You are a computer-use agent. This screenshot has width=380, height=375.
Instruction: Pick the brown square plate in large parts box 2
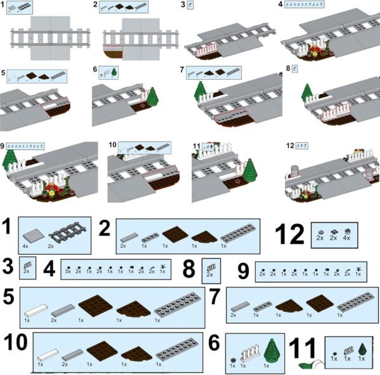[174, 235]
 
